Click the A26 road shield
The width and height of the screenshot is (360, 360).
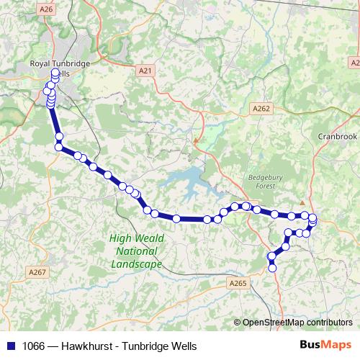point(47,9)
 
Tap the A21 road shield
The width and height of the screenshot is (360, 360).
point(145,71)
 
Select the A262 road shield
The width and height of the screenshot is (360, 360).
point(261,108)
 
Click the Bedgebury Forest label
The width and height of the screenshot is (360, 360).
point(260,179)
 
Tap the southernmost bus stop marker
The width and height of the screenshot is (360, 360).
point(272,269)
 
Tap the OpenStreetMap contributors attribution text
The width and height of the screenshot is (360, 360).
point(297,323)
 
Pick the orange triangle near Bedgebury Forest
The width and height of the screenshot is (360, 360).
point(303,204)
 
